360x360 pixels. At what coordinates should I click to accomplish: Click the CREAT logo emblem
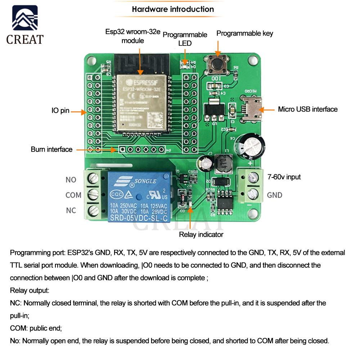(x=25, y=19)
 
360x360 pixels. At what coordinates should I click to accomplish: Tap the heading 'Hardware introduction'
(x=173, y=9)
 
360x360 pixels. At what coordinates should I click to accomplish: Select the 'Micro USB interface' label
(x=307, y=109)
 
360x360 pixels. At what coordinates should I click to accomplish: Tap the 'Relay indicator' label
(x=201, y=235)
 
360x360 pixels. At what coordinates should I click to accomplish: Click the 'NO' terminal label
(x=71, y=180)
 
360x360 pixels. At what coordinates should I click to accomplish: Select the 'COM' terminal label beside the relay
(x=73, y=195)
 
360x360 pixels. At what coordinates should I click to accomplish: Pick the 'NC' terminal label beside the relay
(x=71, y=210)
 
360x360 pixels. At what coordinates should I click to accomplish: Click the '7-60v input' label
(x=284, y=177)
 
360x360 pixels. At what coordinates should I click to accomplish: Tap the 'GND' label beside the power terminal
(x=274, y=195)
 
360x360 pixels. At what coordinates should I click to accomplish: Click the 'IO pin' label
(x=60, y=111)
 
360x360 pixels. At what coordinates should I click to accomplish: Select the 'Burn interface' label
(x=51, y=149)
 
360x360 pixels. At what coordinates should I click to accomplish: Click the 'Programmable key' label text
(x=244, y=33)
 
